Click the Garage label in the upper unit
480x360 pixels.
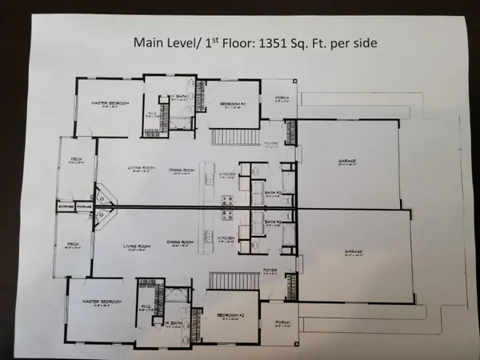tap(346, 161)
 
